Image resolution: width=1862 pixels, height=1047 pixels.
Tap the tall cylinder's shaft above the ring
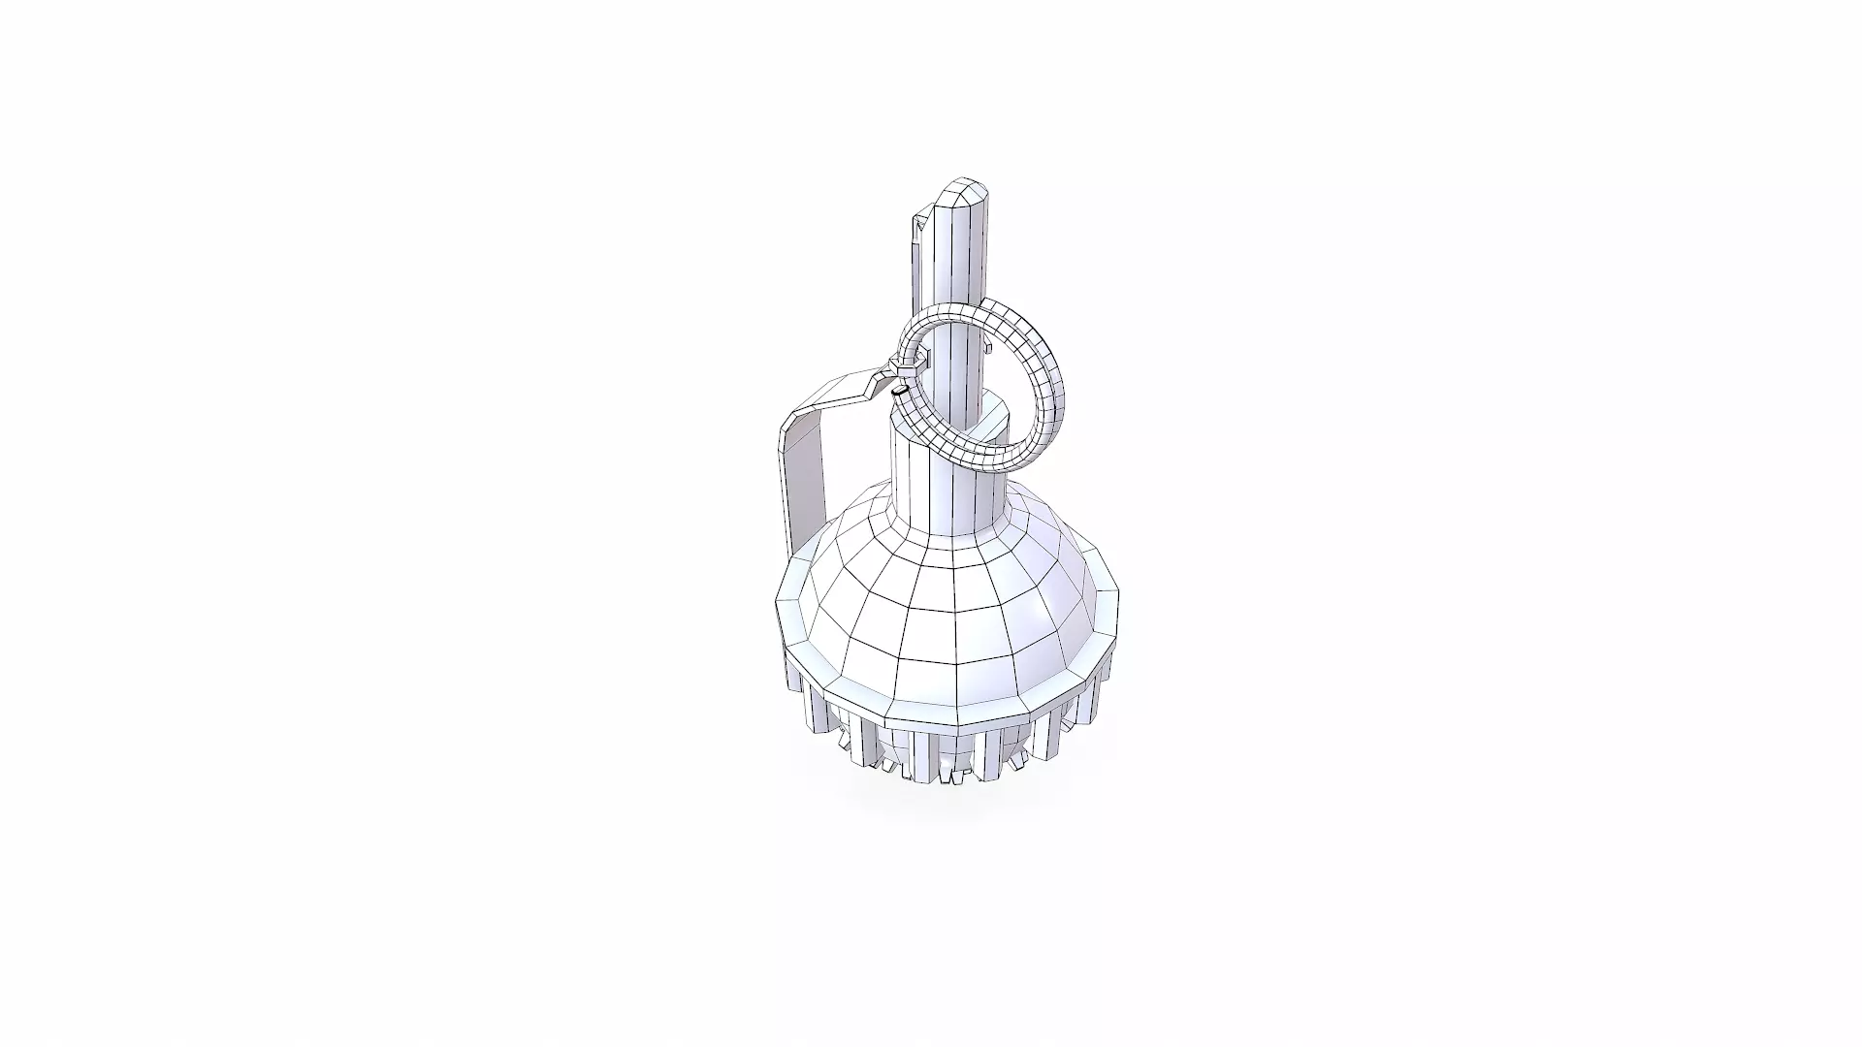(x=961, y=262)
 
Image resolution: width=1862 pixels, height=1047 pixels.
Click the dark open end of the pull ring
(x=899, y=391)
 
